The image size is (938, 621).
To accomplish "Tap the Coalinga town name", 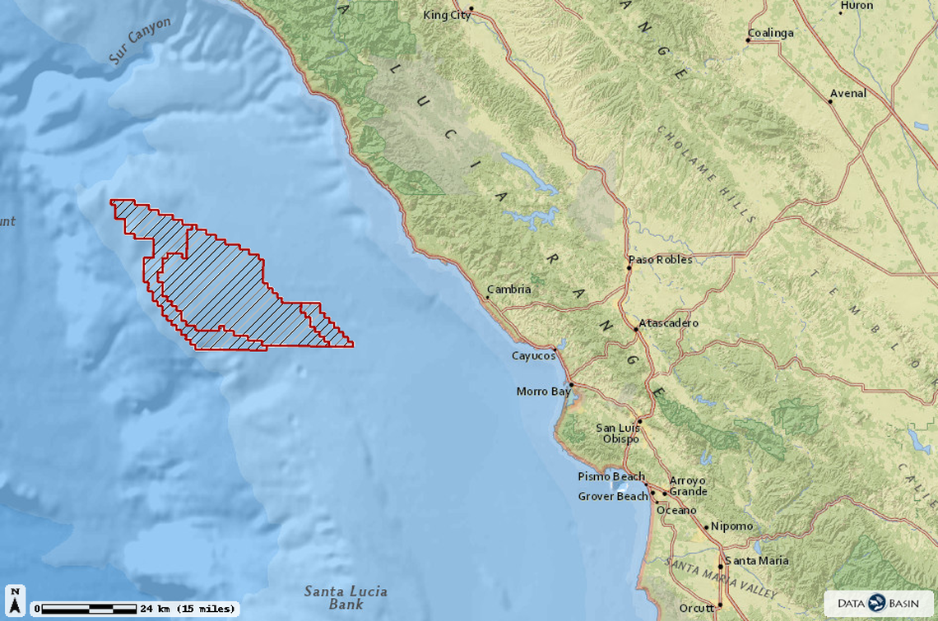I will [x=771, y=33].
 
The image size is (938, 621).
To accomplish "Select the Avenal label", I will [x=848, y=93].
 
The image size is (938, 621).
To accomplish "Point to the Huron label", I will [x=857, y=6].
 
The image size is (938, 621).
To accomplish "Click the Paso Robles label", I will [x=661, y=259].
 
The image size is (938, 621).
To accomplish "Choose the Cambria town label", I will [x=510, y=290].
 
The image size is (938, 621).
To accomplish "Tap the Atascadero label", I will [x=669, y=323].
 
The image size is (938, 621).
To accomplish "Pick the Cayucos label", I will [x=533, y=355].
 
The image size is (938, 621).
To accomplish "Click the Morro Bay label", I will [x=543, y=392].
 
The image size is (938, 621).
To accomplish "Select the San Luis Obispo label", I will [x=618, y=433].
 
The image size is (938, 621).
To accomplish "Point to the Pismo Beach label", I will [x=611, y=477].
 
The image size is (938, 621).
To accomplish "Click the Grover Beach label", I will [x=613, y=497].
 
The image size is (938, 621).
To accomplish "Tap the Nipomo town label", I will [x=731, y=526].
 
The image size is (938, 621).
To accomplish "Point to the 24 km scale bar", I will [x=89, y=609].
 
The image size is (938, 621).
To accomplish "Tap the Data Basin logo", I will [x=879, y=603].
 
